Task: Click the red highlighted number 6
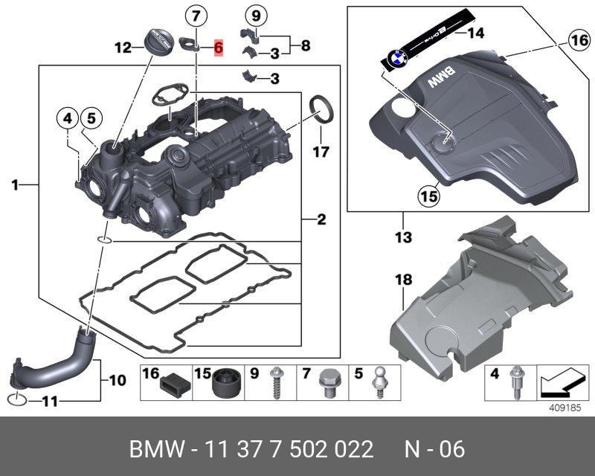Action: (218, 47)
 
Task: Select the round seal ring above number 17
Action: (321, 106)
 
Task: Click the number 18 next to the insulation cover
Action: (402, 280)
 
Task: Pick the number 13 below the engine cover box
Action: (402, 239)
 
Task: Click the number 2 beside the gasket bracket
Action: (321, 219)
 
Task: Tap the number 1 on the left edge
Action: (15, 184)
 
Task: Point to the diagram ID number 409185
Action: (563, 407)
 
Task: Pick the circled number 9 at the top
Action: (255, 15)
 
